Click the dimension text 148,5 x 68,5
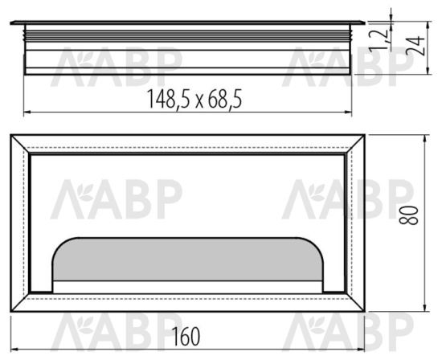[x=194, y=100]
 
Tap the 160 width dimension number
[x=186, y=336]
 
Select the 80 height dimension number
[x=408, y=215]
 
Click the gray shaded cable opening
[x=188, y=260]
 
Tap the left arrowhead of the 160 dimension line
[x=14, y=350]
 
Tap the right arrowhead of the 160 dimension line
[x=361, y=350]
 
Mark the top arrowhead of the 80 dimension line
[x=425, y=138]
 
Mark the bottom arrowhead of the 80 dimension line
[x=425, y=308]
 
